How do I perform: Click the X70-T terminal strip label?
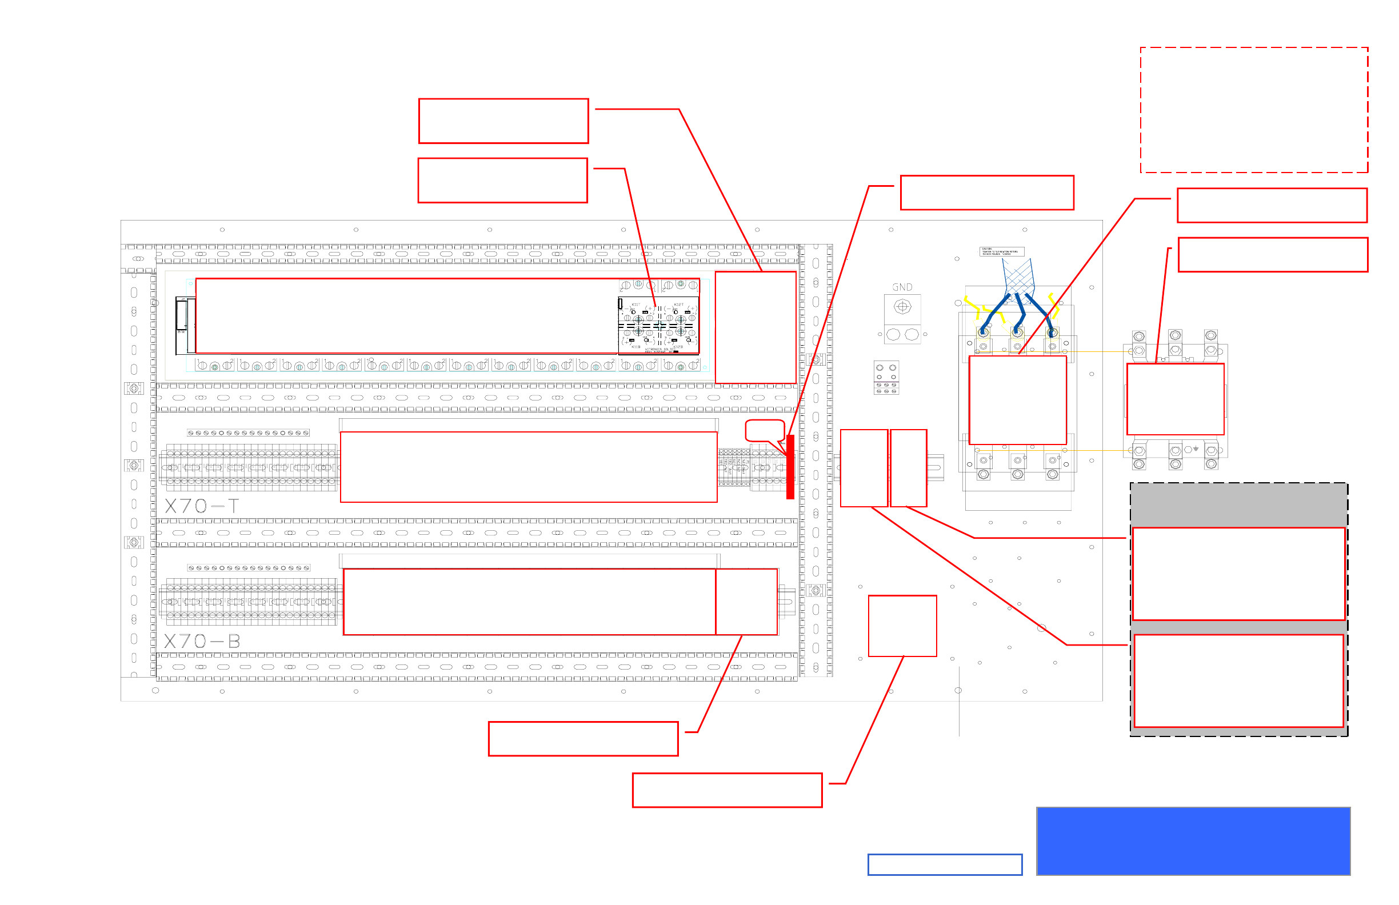click(x=202, y=506)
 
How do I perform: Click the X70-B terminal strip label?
click(x=202, y=641)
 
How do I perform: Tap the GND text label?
click(x=902, y=287)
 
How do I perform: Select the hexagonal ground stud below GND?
click(x=902, y=307)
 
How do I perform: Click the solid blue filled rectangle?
click(x=1193, y=841)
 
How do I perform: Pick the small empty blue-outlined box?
click(x=945, y=864)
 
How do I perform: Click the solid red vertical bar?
click(x=790, y=467)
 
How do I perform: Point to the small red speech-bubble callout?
click(x=764, y=431)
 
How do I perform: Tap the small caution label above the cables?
click(x=1002, y=251)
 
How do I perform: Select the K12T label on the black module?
click(x=678, y=305)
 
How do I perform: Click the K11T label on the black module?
click(x=635, y=305)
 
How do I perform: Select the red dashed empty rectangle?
click(x=1254, y=110)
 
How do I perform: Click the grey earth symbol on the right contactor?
click(x=1196, y=449)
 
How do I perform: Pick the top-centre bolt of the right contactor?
click(x=1175, y=335)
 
